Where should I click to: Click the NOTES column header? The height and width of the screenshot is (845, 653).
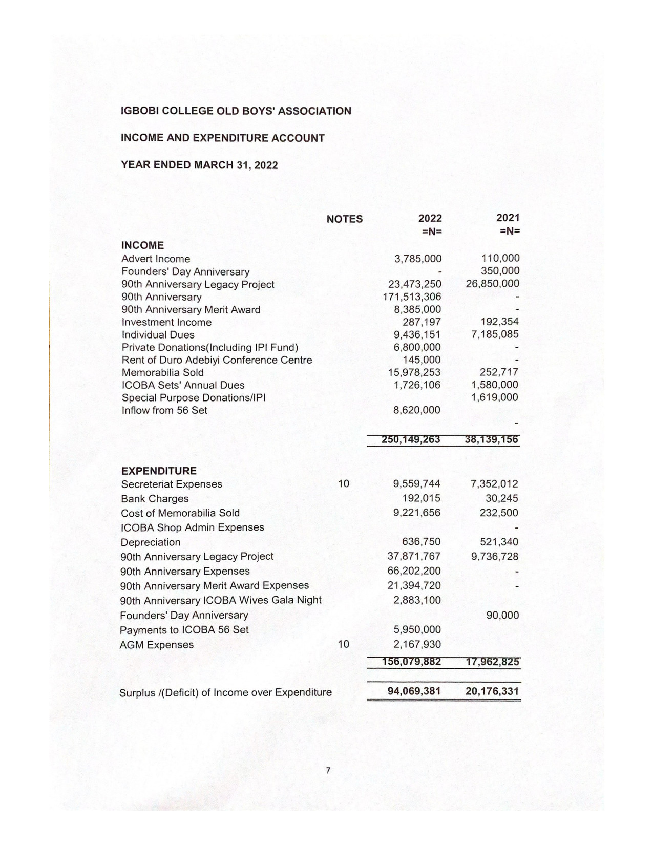point(344,219)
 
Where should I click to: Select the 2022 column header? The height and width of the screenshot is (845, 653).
point(430,218)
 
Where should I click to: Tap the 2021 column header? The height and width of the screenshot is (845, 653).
point(508,218)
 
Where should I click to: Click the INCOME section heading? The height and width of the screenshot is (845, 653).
point(142,245)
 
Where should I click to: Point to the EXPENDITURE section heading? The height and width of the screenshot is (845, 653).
point(158,471)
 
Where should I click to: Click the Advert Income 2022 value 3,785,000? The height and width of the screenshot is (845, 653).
point(417,259)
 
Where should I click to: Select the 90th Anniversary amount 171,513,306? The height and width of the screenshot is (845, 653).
point(412,297)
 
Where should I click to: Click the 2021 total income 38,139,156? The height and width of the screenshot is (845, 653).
point(492,439)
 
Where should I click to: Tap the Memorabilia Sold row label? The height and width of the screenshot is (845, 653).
point(162,372)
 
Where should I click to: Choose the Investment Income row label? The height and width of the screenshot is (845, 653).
point(166,322)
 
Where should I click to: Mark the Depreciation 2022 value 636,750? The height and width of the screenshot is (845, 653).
point(421,542)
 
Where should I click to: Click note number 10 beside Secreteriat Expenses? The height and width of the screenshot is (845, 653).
point(344,483)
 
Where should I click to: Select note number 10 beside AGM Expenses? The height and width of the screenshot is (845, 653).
point(344,644)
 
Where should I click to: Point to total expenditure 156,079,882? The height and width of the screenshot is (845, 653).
point(411,662)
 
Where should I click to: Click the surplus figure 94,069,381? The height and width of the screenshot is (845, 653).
point(414,691)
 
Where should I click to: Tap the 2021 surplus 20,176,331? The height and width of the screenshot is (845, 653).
point(492,691)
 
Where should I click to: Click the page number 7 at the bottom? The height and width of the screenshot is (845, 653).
point(328,770)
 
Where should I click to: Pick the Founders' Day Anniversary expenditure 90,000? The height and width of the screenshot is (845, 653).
point(502,615)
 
